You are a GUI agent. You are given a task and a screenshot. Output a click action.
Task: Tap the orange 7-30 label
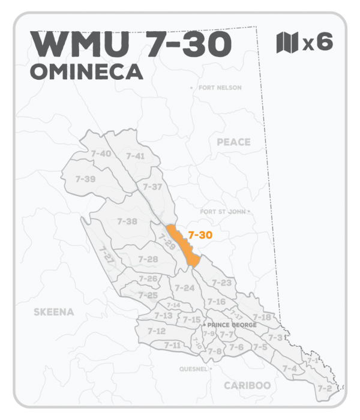click(200, 236)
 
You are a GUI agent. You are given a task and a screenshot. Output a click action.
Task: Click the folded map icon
click(287, 43)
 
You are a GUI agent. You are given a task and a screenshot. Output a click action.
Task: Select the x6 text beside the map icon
click(317, 43)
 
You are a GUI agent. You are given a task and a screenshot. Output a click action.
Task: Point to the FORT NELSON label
click(218, 88)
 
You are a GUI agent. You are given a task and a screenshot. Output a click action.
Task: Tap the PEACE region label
click(233, 142)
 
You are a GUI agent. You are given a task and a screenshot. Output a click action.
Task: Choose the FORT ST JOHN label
click(223, 212)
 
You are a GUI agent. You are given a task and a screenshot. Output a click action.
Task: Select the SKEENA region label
click(54, 312)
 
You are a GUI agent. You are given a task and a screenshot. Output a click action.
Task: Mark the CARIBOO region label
click(247, 385)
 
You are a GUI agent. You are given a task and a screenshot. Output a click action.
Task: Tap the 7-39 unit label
click(86, 179)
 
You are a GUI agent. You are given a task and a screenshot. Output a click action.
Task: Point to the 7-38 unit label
click(127, 221)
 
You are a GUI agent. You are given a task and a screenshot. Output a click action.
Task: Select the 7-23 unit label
click(221, 283)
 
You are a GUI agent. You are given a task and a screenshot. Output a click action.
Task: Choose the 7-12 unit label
click(156, 331)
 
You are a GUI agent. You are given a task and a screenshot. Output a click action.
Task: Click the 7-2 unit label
click(324, 388)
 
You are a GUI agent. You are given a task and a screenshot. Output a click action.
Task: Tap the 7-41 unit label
click(136, 156)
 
